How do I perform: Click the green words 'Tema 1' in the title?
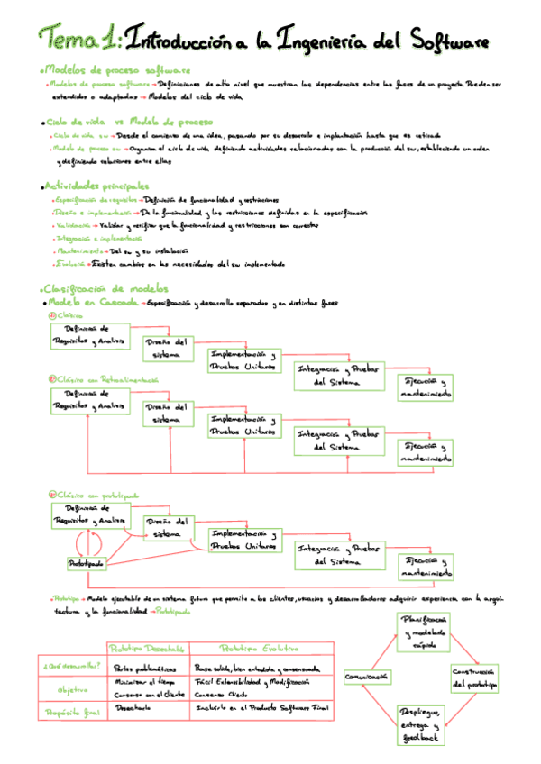(x=76, y=39)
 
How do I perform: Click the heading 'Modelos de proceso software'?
(x=116, y=69)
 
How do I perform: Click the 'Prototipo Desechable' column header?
(x=147, y=649)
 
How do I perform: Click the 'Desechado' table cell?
(x=133, y=708)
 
